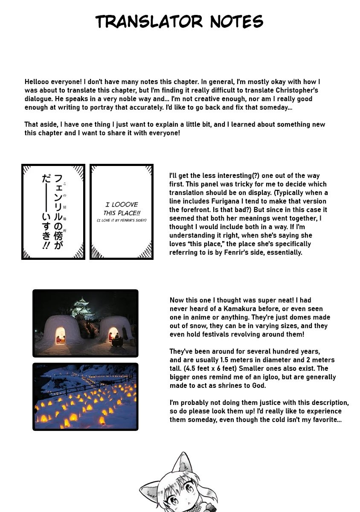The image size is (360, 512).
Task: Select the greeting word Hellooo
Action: tap(37, 81)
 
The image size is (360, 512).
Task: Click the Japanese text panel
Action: tap(53, 212)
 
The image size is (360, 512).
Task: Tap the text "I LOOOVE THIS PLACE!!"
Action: tap(121, 209)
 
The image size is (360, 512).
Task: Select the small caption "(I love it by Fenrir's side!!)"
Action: tap(121, 220)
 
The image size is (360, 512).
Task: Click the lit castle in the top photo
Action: tap(85, 306)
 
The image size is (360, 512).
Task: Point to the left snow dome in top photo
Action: tap(61, 331)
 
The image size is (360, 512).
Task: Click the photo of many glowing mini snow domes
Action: tap(85, 397)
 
